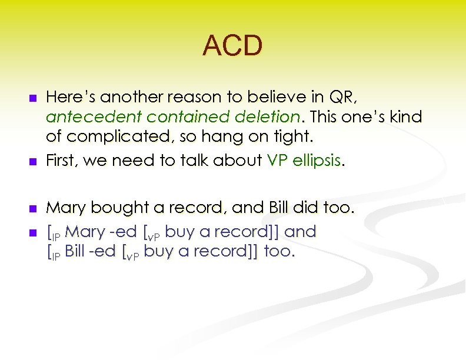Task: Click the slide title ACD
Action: coord(232,46)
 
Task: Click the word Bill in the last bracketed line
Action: coord(76,252)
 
